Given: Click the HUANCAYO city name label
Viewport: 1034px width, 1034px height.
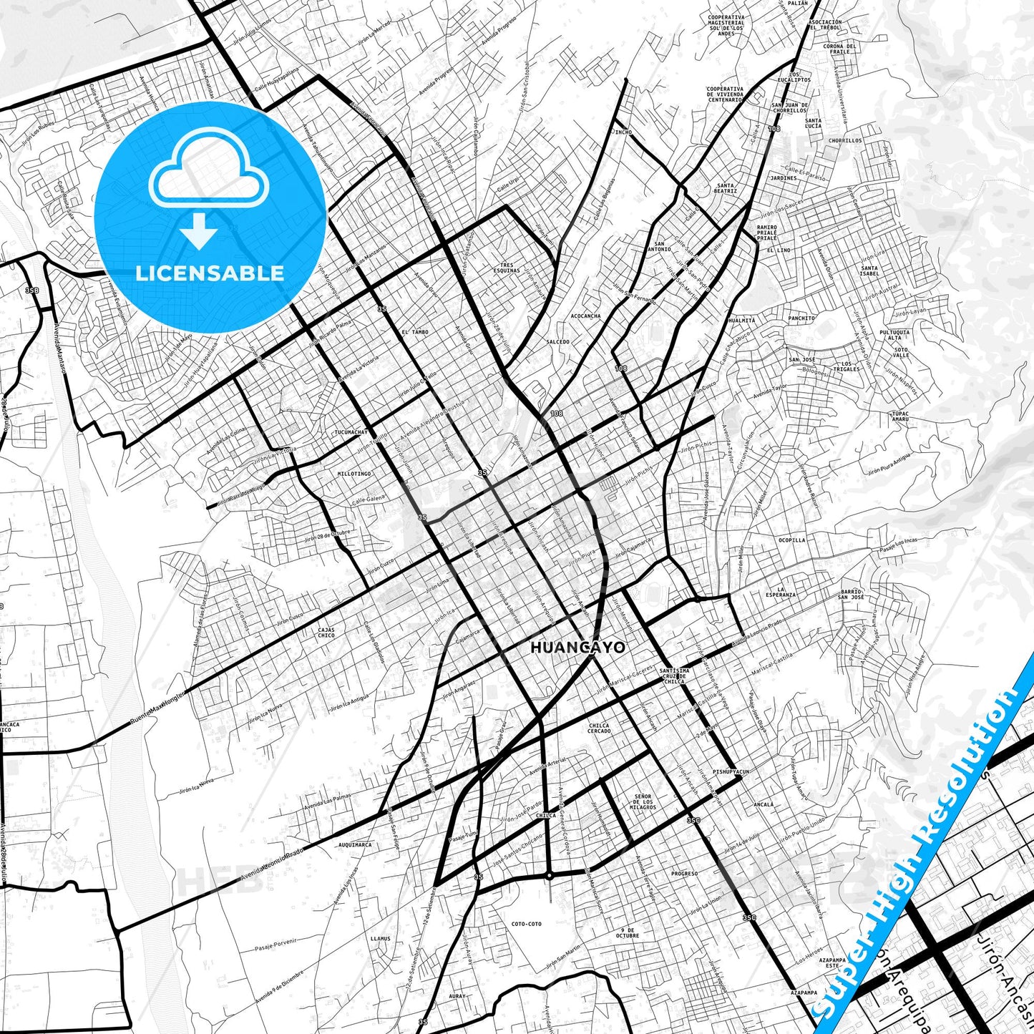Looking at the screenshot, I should pos(577,648).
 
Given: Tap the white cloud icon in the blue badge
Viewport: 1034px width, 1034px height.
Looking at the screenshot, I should pos(209,169).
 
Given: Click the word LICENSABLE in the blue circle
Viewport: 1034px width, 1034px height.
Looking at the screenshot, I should pos(210,273).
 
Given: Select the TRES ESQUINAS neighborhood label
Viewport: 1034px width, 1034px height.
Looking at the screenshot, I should pos(507,268).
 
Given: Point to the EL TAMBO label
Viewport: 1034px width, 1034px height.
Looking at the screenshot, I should pos(415,332).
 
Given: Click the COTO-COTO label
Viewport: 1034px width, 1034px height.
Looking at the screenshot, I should pos(527,924).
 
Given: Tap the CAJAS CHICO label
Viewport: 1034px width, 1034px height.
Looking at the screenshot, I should pos(326,633).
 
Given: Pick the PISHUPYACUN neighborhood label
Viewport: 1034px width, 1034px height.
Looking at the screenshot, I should pos(731,772).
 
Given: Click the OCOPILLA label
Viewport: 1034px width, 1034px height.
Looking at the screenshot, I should pos(791,540).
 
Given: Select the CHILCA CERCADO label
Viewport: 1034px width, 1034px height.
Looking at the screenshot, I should pos(599,728).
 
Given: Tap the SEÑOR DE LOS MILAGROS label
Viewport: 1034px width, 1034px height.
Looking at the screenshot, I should pos(643,801).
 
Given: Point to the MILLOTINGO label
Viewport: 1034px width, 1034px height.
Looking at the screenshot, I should pos(354,474).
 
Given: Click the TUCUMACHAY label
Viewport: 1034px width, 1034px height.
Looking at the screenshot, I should pos(351,432).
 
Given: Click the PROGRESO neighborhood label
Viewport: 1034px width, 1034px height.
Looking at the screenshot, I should pos(684,874).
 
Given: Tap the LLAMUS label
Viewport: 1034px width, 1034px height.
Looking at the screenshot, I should pos(381,938).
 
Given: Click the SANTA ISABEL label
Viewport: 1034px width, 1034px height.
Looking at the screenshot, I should pos(869,270).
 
